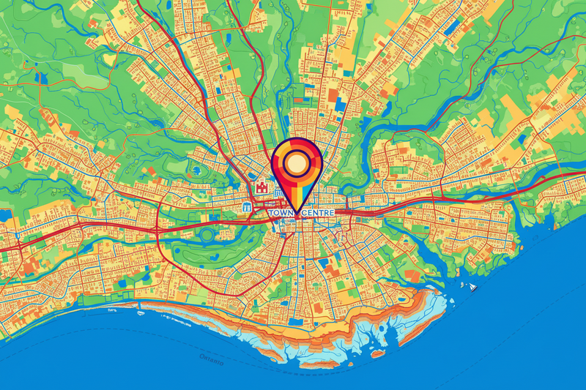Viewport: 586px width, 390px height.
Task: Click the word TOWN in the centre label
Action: pyautogui.click(x=282, y=213)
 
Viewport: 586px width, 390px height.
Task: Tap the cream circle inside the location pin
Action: pyautogui.click(x=296, y=163)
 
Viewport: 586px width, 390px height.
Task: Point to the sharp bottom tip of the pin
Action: pyautogui.click(x=297, y=217)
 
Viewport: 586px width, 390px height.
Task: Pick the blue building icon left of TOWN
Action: pyautogui.click(x=248, y=208)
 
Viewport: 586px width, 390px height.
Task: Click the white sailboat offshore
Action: pyautogui.click(x=473, y=287)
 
